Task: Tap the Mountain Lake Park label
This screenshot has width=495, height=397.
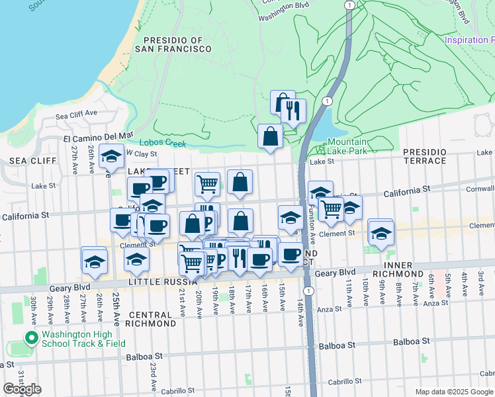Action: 347,146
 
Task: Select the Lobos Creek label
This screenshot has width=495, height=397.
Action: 163,143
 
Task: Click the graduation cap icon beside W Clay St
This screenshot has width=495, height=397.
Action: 111,157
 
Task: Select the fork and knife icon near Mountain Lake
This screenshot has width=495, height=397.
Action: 293,110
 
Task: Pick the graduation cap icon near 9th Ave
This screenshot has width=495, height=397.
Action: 381,234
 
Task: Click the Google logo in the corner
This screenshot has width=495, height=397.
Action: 22,388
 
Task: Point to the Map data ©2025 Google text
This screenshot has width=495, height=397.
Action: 453,392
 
